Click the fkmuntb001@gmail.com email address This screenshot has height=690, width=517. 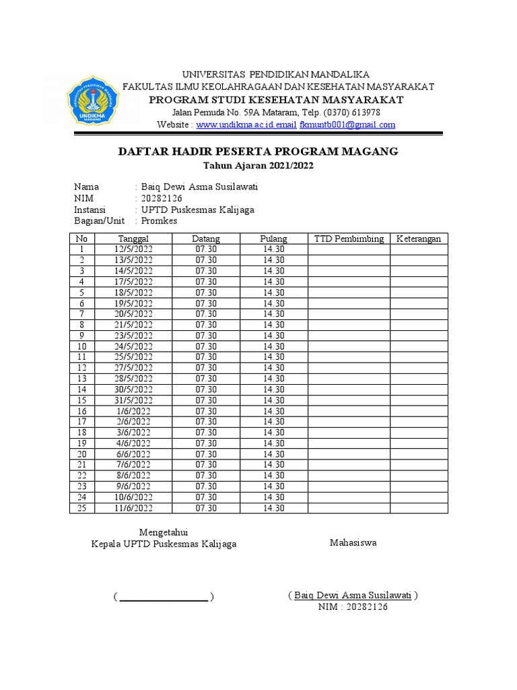(x=347, y=125)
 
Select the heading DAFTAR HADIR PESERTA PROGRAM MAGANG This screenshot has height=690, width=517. (x=258, y=152)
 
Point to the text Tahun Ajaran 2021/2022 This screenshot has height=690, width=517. (x=258, y=165)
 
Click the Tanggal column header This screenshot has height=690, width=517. (x=133, y=239)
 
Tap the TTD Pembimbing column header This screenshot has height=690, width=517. (x=349, y=239)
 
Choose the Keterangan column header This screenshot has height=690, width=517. (x=418, y=239)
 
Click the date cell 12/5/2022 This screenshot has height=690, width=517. (x=133, y=249)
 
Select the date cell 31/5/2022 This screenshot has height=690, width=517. (x=133, y=400)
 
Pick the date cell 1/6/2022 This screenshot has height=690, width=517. (x=133, y=411)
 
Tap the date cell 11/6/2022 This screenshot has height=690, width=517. (x=133, y=508)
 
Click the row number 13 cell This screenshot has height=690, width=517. (x=82, y=379)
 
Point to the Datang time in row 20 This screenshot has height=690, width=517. (x=206, y=454)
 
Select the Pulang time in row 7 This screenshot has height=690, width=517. (x=274, y=314)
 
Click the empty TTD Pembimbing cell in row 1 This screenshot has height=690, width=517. (x=349, y=249)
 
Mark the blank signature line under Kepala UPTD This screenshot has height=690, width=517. (x=164, y=598)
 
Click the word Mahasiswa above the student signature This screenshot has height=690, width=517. (x=353, y=542)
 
